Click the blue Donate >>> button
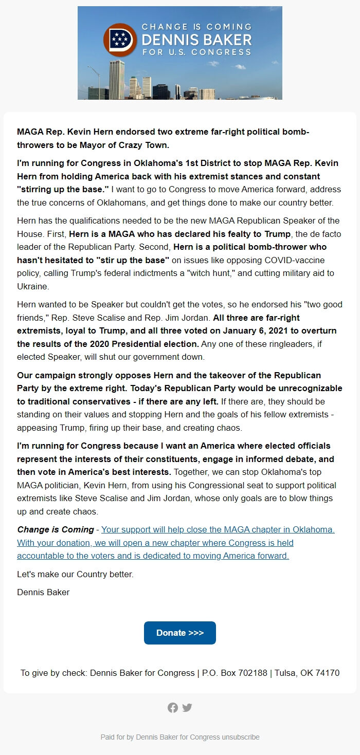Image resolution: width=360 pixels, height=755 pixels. coord(179,633)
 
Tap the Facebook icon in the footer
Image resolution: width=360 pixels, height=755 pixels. coord(173,708)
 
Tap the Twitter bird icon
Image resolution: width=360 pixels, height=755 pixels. coord(187,708)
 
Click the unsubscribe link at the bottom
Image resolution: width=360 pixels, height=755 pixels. coord(241,737)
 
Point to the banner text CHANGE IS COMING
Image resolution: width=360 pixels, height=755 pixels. coord(196,27)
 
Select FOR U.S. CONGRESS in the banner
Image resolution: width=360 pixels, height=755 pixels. coord(196,52)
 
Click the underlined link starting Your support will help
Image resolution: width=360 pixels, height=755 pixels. coord(218,529)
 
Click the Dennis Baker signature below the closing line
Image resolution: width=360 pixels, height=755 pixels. coord(43,592)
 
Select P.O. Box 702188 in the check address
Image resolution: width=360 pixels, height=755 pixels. coord(235,673)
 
